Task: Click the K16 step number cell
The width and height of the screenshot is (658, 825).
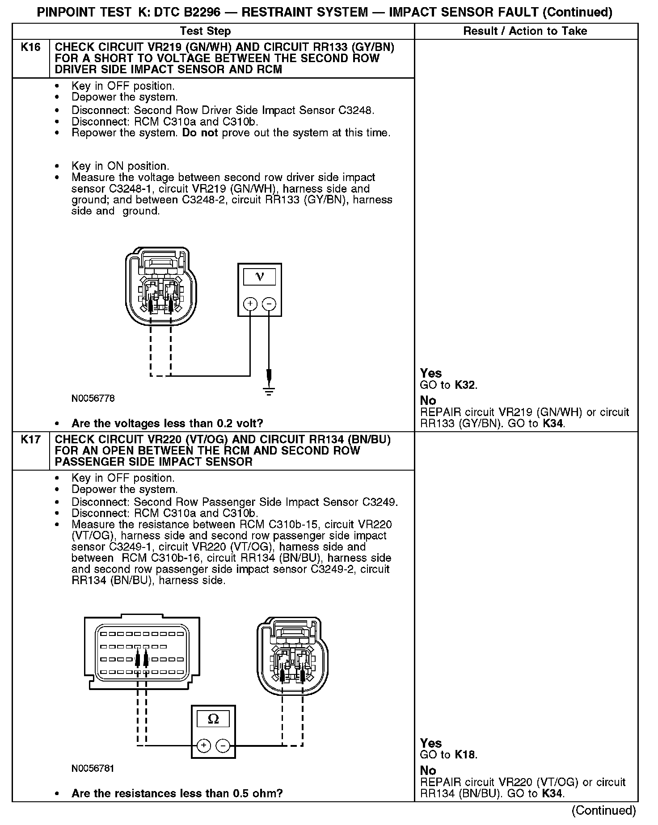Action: [30, 47]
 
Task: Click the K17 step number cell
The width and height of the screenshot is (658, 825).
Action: [30, 440]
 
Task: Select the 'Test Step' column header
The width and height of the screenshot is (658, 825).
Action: [205, 31]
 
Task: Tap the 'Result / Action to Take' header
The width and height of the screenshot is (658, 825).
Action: [525, 31]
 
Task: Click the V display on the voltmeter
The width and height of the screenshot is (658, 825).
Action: [259, 277]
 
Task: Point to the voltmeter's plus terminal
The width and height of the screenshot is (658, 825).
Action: [250, 304]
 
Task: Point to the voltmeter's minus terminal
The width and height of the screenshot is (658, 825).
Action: [269, 304]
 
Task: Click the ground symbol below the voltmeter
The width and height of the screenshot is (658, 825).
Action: [269, 392]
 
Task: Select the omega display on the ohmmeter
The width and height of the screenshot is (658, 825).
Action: [213, 719]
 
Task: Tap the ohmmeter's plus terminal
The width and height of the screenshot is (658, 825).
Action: [203, 745]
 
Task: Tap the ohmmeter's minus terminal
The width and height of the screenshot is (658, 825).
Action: [223, 745]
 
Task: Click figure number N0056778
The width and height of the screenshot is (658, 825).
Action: [93, 398]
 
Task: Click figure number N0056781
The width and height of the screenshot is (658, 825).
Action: [93, 768]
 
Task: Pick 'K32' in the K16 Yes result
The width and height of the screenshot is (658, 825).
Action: [465, 385]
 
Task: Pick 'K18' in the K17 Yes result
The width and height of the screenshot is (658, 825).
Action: [465, 755]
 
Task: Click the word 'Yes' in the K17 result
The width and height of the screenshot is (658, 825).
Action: [431, 743]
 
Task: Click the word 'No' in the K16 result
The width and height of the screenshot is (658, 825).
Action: [428, 400]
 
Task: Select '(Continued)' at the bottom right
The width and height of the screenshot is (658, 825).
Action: [603, 810]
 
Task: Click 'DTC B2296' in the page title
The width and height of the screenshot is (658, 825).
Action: [190, 12]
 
